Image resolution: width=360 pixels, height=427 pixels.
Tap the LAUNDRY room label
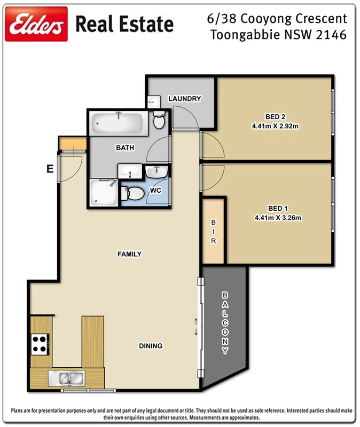[x=184, y=99]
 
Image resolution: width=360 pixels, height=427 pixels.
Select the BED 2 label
[x=276, y=117]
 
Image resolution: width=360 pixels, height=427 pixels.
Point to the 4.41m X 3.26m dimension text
[x=275, y=218]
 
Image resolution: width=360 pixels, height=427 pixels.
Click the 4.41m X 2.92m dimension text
[x=275, y=126]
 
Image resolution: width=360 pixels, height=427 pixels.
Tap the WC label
[x=156, y=190]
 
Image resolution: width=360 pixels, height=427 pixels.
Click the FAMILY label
[x=129, y=254]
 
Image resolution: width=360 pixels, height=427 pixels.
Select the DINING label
[x=151, y=346]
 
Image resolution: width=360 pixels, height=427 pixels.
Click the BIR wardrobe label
[x=213, y=232]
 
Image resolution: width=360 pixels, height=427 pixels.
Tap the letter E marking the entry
[x=49, y=169]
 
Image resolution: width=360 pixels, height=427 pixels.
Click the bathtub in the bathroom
[x=118, y=124]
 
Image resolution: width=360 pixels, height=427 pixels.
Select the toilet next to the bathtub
[x=159, y=121]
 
